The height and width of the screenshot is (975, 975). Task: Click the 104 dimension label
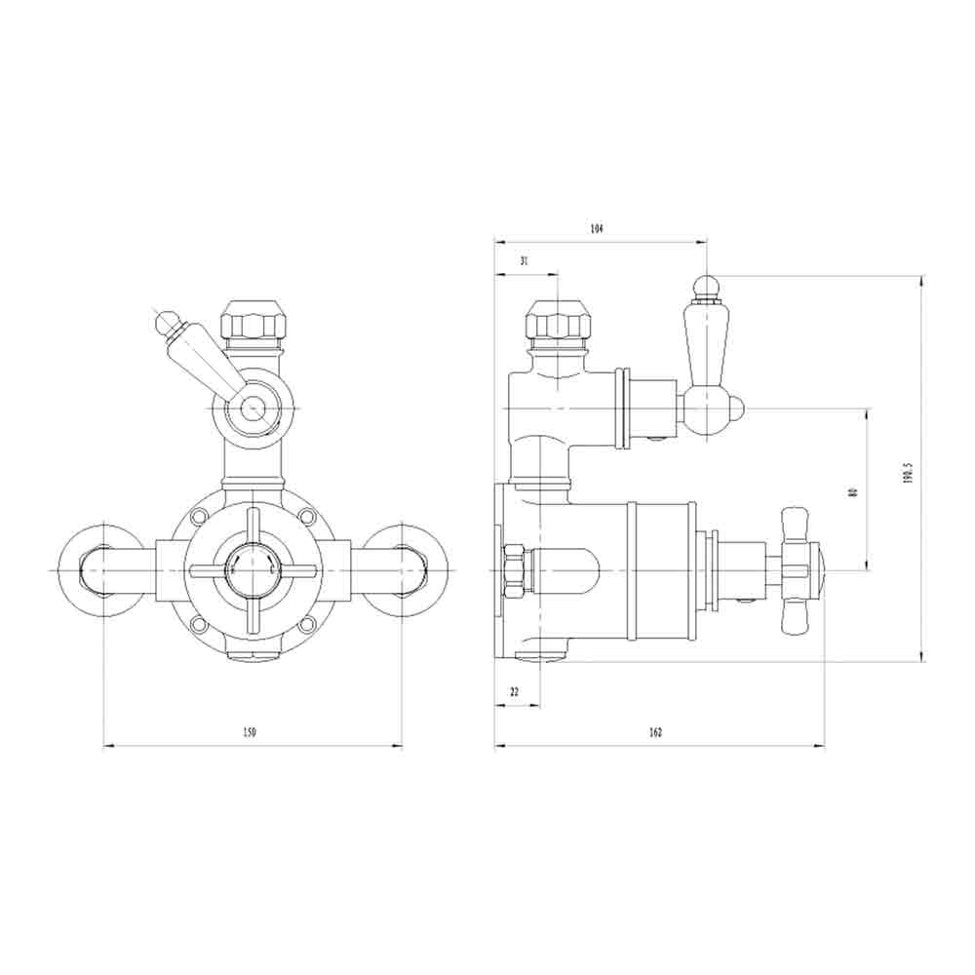tap(597, 229)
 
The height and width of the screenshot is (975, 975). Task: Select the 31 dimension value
tap(524, 260)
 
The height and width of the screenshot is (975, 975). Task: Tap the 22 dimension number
tap(514, 691)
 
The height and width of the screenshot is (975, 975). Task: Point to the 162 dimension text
tap(654, 733)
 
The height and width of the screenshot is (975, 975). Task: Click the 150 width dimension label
tap(249, 733)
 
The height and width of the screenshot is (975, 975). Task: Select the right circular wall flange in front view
tap(407, 569)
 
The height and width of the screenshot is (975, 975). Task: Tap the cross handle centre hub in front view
tap(253, 569)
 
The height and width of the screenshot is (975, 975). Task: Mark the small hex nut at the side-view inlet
tap(514, 569)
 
